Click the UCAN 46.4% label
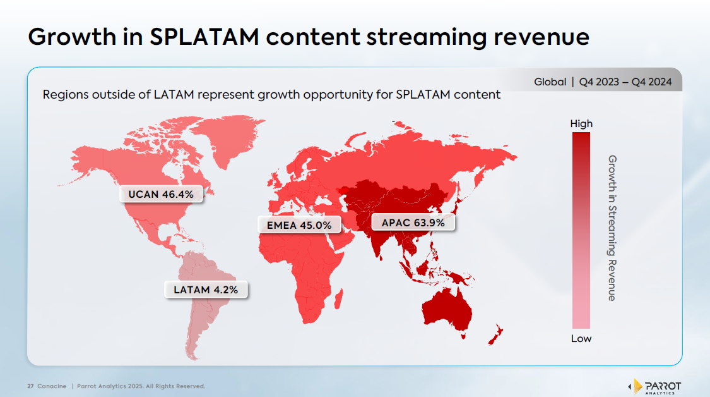coord(161,194)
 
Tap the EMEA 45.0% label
coord(300,225)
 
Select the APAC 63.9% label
coord(413,223)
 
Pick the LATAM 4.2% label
coord(206,290)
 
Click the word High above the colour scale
coord(581,124)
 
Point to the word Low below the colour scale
coord(581,339)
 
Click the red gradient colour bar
coord(581,231)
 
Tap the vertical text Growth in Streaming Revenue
coord(611,228)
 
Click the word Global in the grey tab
coord(550,82)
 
